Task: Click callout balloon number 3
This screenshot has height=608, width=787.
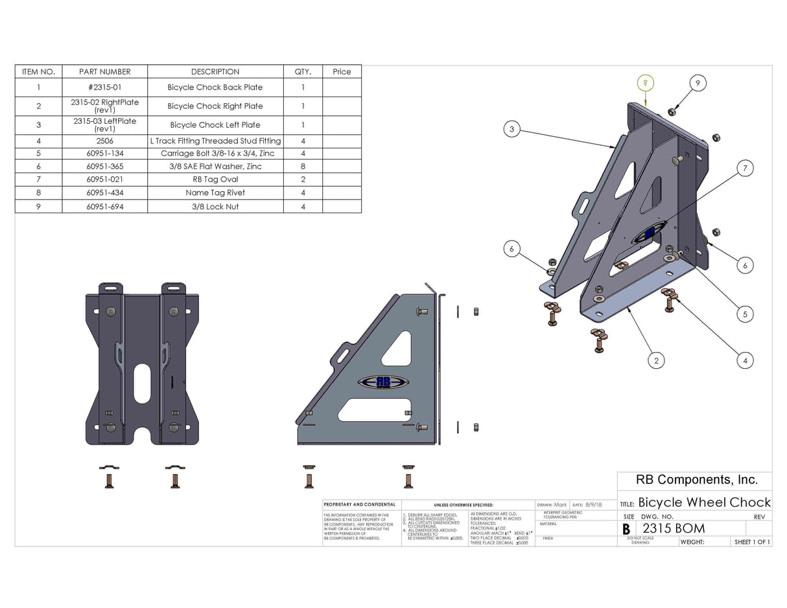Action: tap(511, 130)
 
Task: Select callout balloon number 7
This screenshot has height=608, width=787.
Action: tap(745, 169)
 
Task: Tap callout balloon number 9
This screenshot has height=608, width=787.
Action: tap(698, 83)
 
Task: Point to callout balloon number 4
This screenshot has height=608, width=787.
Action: tap(745, 360)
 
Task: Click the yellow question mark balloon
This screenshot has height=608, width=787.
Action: tap(645, 83)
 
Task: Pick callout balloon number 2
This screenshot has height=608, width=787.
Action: tap(656, 360)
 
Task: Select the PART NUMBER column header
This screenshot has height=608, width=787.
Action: tap(104, 72)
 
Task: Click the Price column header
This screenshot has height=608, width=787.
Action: tap(342, 72)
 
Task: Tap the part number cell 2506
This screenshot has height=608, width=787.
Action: tap(104, 141)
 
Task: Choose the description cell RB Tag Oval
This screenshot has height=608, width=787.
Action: tap(215, 180)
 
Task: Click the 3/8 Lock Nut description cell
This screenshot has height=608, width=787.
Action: tap(215, 207)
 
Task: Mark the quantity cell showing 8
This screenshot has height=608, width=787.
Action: tap(303, 167)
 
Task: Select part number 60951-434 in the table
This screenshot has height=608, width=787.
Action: tap(104, 193)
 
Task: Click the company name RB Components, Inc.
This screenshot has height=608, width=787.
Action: tap(694, 480)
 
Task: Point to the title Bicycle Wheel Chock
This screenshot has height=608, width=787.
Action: tap(704, 502)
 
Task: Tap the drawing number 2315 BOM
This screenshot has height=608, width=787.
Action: tap(674, 528)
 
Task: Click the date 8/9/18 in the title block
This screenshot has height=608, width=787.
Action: tap(593, 504)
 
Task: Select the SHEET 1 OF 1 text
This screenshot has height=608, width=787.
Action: tap(752, 542)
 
